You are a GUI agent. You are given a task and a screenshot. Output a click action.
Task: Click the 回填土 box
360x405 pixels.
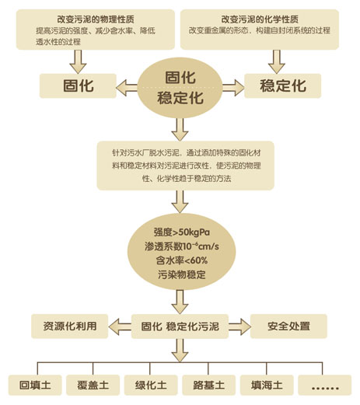pyautogui.click(x=35, y=385)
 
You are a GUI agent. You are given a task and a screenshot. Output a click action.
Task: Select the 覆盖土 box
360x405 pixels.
pyautogui.click(x=93, y=385)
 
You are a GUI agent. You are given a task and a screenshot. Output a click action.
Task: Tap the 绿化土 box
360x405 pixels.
pyautogui.click(x=151, y=385)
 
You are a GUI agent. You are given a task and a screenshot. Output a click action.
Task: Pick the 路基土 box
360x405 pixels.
pyautogui.click(x=209, y=385)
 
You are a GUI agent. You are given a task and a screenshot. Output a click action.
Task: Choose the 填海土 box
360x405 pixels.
pyautogui.click(x=267, y=385)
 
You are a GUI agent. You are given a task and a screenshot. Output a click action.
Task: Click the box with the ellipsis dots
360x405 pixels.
pyautogui.click(x=325, y=385)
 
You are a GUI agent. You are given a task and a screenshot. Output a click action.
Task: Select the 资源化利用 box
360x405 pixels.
pyautogui.click(x=70, y=326)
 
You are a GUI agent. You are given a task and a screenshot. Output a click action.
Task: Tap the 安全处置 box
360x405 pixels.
pyautogui.click(x=288, y=326)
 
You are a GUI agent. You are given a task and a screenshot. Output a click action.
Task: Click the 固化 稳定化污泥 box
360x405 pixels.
pyautogui.click(x=180, y=326)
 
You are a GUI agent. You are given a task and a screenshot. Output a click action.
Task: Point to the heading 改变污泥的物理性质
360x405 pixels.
pyautogui.click(x=96, y=19)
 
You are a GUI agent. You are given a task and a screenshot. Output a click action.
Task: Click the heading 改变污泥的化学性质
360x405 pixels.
pyautogui.click(x=260, y=19)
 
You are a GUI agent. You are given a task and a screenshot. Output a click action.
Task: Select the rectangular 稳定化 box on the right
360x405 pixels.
pyautogui.click(x=283, y=86)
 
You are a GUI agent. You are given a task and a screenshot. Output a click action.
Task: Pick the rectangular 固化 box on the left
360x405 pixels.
pyautogui.click(x=78, y=86)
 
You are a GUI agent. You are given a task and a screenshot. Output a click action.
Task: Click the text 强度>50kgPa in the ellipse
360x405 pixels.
pyautogui.click(x=182, y=232)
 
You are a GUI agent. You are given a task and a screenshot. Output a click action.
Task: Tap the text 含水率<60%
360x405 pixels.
pyautogui.click(x=182, y=260)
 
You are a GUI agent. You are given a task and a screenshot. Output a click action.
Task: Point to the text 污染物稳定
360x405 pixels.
pyautogui.click(x=182, y=274)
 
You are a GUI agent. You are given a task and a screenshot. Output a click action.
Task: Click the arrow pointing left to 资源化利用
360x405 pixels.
pyautogui.click(x=120, y=326)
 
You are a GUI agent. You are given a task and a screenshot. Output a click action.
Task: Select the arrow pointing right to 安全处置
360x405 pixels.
pyautogui.click(x=239, y=326)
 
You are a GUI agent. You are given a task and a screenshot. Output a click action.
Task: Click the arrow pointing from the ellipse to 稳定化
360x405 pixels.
pyautogui.click(x=233, y=88)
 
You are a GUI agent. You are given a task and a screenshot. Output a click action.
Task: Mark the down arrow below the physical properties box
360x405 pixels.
pyautogui.click(x=78, y=61)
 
